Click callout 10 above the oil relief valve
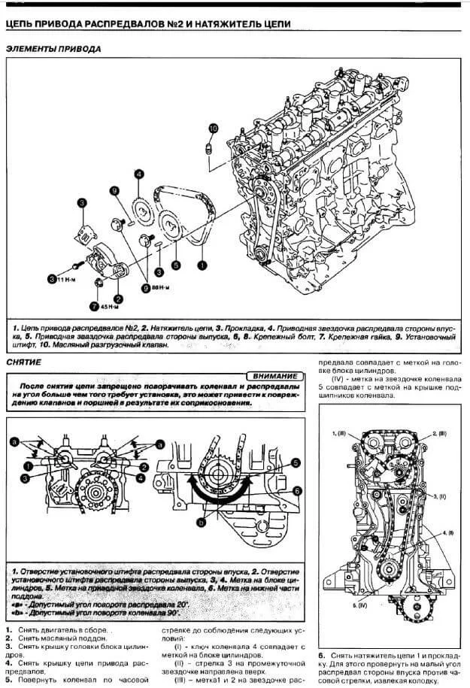point(213,129)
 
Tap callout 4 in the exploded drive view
point(139,175)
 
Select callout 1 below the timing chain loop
point(201,265)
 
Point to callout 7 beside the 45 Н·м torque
point(94,306)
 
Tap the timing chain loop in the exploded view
point(192,218)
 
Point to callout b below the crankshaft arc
point(201,520)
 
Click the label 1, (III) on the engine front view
point(340,435)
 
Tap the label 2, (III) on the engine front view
point(441,435)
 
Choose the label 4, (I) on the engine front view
point(447,531)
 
